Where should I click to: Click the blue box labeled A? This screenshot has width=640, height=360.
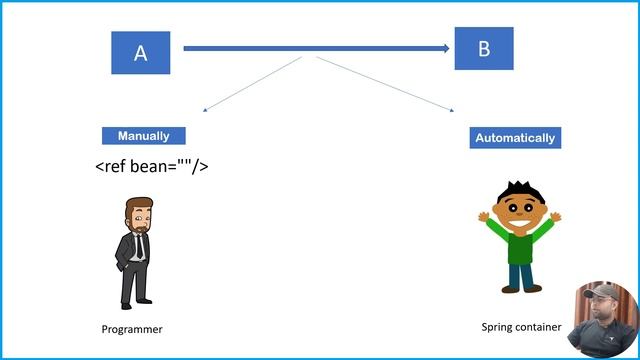(140, 53)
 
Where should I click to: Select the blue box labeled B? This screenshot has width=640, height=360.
(484, 48)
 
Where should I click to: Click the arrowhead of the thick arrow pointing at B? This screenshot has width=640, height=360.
(447, 47)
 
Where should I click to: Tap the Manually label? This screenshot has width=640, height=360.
(143, 136)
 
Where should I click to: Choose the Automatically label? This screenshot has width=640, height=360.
(515, 138)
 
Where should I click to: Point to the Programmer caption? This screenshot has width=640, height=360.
(132, 329)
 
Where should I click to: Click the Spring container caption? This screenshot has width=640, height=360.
(521, 327)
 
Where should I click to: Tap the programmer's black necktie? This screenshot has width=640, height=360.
(140, 244)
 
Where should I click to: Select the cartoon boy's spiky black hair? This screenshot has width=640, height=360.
(518, 190)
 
